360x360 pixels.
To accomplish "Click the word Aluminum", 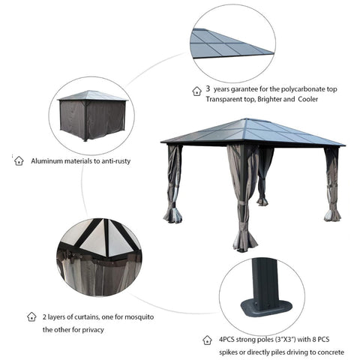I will pyautogui.click(x=47, y=160).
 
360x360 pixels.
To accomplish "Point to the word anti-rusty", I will pyautogui.click(x=131, y=160).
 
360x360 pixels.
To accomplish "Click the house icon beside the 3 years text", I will pyautogui.click(x=197, y=89).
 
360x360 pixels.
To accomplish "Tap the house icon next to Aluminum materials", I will pyautogui.click(x=19, y=160).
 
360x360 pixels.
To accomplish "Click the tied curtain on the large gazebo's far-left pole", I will pyautogui.click(x=172, y=184).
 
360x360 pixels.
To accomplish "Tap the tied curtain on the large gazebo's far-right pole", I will pyautogui.click(x=331, y=184).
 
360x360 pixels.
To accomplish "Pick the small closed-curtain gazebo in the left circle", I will pyautogui.click(x=86, y=116).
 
